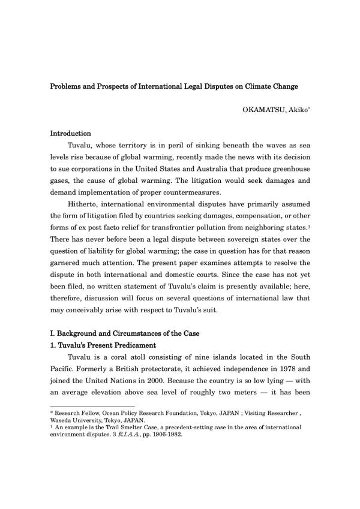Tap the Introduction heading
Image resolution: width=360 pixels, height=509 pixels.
[70, 133]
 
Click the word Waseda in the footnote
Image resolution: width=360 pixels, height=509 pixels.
[63, 420]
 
